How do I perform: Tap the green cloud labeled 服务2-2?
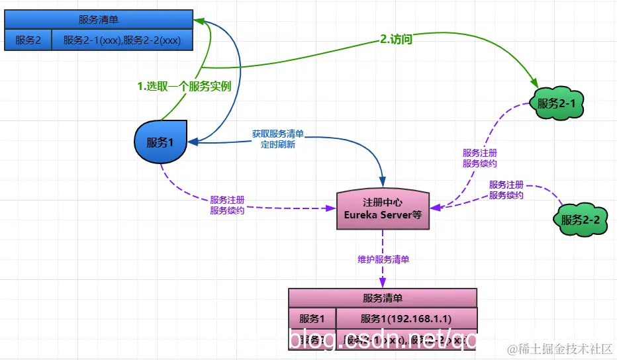580,220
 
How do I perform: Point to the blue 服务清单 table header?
99,20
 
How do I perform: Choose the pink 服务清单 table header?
382,298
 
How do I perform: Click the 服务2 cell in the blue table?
28,40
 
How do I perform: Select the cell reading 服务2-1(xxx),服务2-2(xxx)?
121,40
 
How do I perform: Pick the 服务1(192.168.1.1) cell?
406,318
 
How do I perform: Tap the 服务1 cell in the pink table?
312,318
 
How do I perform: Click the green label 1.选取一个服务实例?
183,86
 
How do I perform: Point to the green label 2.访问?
397,40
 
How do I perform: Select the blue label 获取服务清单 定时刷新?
277,139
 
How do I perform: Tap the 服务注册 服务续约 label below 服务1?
227,205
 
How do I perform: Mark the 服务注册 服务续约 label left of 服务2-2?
506,190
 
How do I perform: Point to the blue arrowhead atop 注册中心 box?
383,181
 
